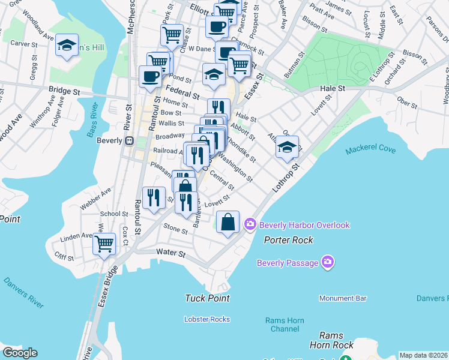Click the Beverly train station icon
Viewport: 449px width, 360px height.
[128, 140]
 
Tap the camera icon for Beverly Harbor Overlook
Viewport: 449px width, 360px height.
[250, 225]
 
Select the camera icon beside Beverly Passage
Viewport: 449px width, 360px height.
[328, 262]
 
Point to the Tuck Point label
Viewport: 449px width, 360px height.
[208, 298]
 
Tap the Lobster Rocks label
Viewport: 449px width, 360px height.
[207, 319]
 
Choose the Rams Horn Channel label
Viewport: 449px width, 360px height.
[285, 324]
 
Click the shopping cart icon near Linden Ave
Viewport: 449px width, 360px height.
[105, 244]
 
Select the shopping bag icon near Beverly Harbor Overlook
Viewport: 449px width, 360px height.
[228, 222]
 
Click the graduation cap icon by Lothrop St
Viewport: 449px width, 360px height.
[288, 146]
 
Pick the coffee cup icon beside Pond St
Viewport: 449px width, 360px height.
[149, 76]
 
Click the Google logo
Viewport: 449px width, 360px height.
[20, 353]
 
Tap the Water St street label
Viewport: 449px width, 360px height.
[169, 253]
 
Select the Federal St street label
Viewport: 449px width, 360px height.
[182, 95]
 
